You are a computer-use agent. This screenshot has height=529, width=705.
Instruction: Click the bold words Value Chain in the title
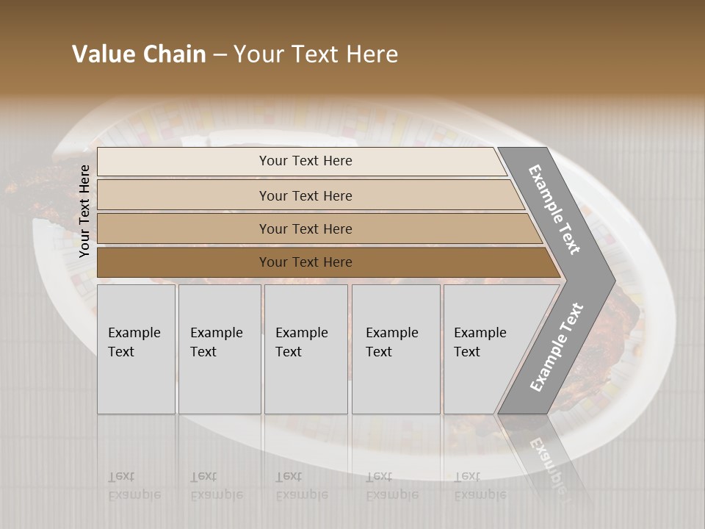click(x=139, y=54)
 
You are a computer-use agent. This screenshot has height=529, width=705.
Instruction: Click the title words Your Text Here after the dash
click(x=316, y=54)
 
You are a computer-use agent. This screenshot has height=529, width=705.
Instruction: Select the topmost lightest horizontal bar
click(x=184, y=162)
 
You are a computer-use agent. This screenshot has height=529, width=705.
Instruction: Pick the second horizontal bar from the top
click(x=184, y=195)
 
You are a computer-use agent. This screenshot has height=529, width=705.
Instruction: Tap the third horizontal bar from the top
click(x=184, y=228)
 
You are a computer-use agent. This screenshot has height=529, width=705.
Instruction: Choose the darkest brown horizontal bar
click(x=184, y=262)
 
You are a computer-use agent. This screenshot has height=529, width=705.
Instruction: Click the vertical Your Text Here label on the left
click(x=84, y=211)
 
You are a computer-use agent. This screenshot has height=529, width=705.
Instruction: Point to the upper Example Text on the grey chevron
click(x=554, y=209)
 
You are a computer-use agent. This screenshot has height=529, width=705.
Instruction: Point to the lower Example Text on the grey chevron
click(x=557, y=347)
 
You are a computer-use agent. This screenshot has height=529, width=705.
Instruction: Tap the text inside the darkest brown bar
click(x=305, y=262)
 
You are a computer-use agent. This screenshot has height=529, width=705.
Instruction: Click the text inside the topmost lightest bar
click(x=305, y=161)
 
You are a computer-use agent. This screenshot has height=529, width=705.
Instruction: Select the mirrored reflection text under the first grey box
click(x=134, y=486)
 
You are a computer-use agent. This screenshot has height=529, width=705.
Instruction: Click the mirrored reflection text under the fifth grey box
click(x=480, y=486)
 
